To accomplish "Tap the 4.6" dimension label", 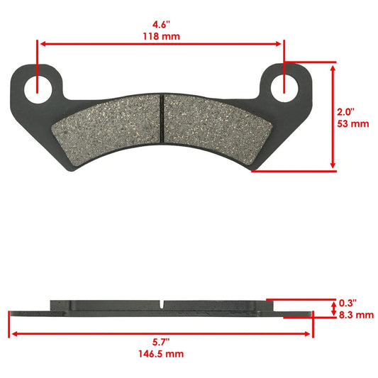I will point(161,21).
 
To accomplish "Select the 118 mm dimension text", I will point(161,35).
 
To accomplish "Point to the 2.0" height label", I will point(346,111).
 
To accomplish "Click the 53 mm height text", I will point(350,125).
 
